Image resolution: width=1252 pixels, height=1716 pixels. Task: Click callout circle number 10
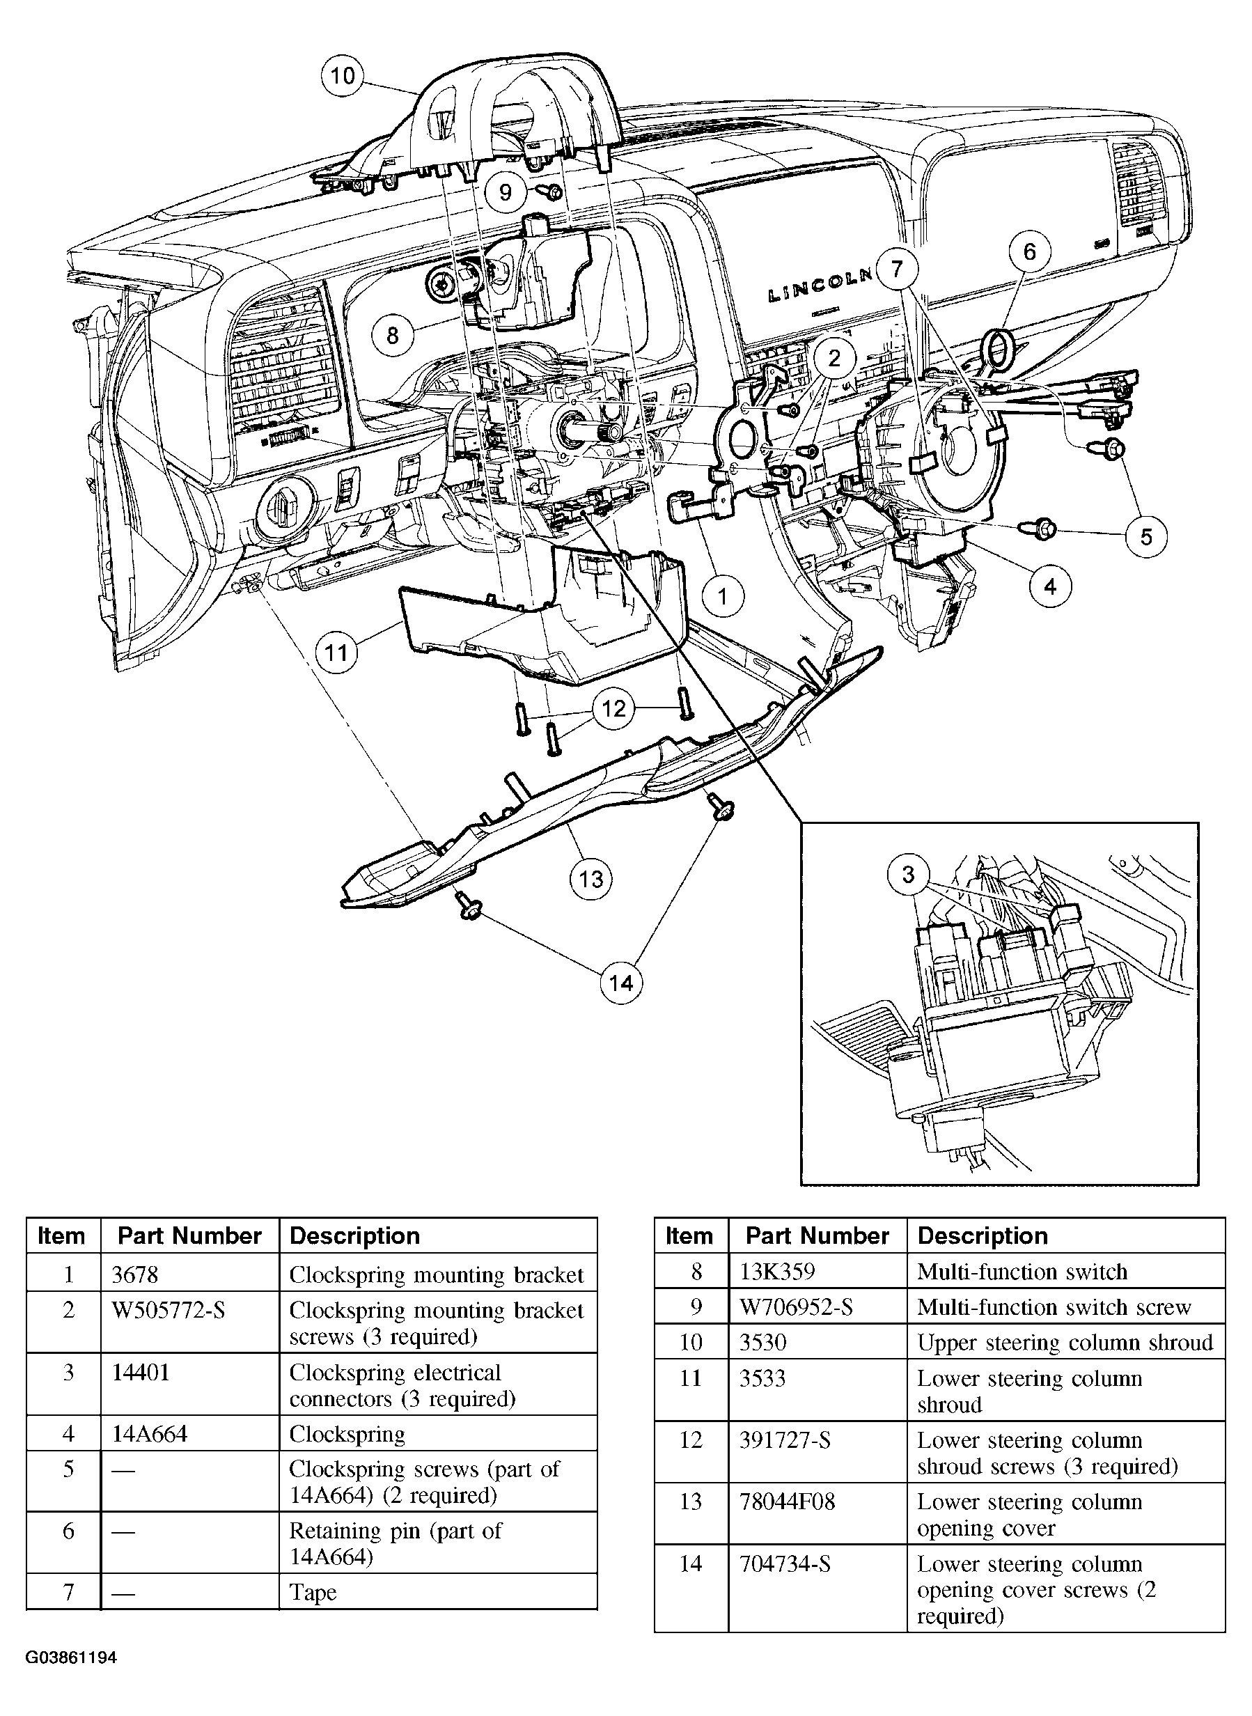[343, 76]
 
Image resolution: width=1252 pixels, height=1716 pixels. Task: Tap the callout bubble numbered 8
[393, 335]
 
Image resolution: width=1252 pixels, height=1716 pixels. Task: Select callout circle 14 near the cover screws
[620, 983]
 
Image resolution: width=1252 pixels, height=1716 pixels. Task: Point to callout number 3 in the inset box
[908, 875]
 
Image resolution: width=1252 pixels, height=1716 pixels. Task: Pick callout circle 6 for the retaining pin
[1029, 251]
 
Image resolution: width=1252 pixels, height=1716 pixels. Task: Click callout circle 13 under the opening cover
[590, 879]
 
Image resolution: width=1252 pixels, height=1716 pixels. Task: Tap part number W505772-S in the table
[169, 1310]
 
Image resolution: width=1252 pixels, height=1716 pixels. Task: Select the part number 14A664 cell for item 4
[149, 1433]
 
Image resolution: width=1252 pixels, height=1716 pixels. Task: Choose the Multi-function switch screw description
[1054, 1307]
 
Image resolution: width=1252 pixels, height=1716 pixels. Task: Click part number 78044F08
[787, 1501]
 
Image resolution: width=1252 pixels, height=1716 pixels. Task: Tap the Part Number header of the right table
[817, 1236]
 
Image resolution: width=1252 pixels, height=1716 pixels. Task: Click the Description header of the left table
[354, 1236]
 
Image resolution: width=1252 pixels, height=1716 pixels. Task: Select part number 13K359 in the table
[777, 1272]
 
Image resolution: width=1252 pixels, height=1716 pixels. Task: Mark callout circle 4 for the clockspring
[1049, 586]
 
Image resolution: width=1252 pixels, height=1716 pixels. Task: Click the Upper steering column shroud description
[1065, 1342]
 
